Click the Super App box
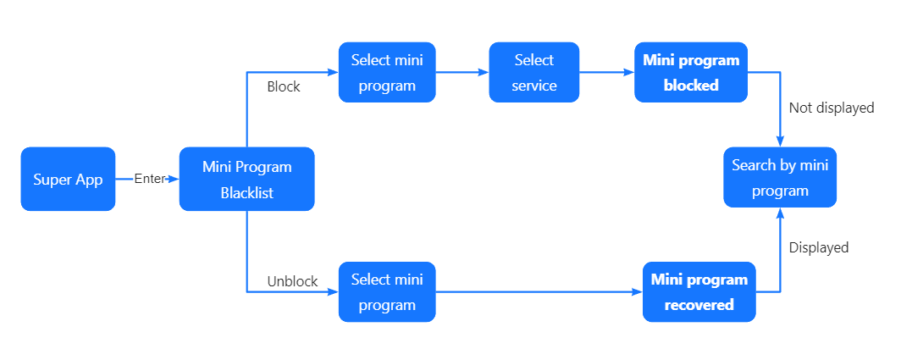[x=68, y=180]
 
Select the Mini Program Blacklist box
[x=246, y=179]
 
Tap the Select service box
[x=533, y=73]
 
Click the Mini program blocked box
[x=691, y=73]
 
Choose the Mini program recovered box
[x=699, y=292]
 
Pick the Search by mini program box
[x=780, y=178]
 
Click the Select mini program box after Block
[x=387, y=73]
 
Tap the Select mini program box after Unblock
[x=387, y=292]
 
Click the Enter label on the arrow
[x=149, y=180]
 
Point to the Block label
[x=284, y=86]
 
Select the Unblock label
[x=292, y=281]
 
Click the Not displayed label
[x=831, y=108]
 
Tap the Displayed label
[x=818, y=247]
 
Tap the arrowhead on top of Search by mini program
[x=780, y=142]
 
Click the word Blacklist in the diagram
[x=246, y=192]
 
